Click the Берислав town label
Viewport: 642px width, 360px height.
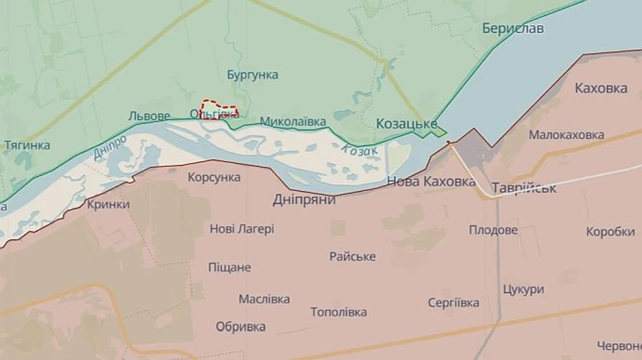(512, 29)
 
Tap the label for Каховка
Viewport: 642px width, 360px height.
(601, 88)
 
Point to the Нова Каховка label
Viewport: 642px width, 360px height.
(431, 182)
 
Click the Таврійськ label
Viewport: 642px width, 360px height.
(524, 189)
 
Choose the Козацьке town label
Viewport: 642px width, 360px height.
(406, 124)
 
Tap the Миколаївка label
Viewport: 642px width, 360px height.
(292, 122)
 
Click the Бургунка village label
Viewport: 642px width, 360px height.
(253, 75)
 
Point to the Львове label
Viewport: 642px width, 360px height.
(149, 115)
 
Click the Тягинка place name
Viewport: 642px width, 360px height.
(27, 145)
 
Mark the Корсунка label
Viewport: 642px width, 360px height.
(214, 178)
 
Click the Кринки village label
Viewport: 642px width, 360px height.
(108, 205)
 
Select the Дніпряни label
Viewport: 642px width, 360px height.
(304, 200)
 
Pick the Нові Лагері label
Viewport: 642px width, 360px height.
(242, 229)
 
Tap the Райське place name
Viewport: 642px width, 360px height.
(352, 257)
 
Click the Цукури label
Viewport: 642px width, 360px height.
(523, 289)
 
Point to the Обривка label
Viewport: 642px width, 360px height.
(240, 326)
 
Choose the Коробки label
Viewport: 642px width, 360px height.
(610, 232)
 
